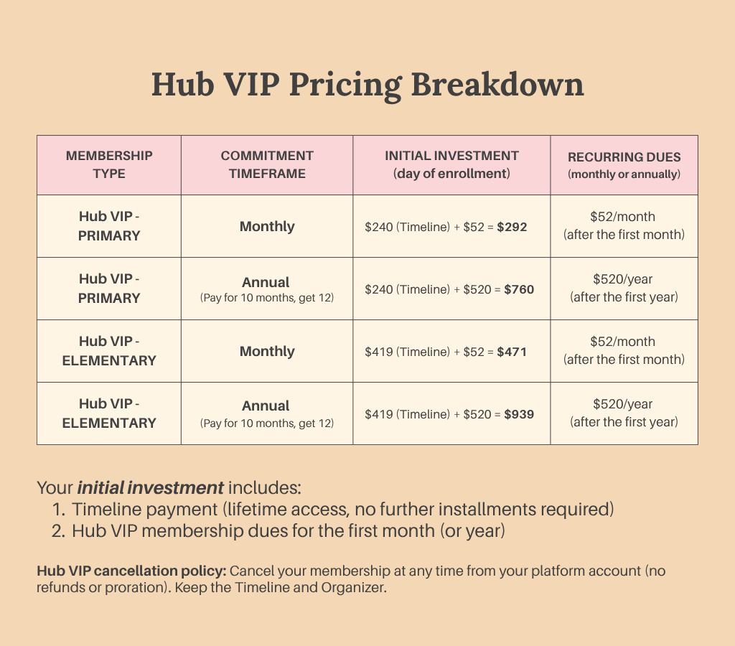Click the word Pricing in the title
[x=345, y=85]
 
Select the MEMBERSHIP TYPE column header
[x=109, y=164]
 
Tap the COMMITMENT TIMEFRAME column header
[x=267, y=164]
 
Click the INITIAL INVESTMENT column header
[x=452, y=164]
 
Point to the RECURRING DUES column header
[x=624, y=165]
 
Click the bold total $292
[x=512, y=227]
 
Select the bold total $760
[x=519, y=289]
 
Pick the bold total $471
[x=512, y=352]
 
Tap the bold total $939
[x=519, y=414]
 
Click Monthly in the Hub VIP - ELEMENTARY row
[x=267, y=351]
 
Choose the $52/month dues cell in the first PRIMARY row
[x=624, y=225]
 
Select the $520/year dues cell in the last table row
[x=624, y=413]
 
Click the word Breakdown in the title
[x=497, y=85]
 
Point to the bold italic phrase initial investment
[x=151, y=487]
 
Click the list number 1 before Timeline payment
[x=57, y=510]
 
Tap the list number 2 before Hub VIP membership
[x=58, y=531]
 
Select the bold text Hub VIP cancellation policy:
[x=132, y=571]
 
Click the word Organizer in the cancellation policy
[x=353, y=587]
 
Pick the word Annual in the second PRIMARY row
[x=266, y=282]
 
